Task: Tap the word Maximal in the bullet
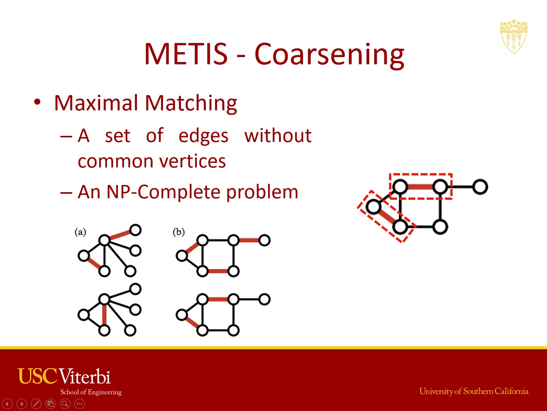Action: (96, 103)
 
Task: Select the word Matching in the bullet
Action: (191, 104)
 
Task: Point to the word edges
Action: (203, 137)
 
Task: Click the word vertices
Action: (193, 161)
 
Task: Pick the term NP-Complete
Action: (163, 192)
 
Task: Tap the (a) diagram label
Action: (80, 232)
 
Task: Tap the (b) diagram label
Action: (179, 232)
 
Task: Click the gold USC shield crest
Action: (514, 37)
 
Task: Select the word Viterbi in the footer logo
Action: (85, 376)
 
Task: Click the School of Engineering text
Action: (91, 392)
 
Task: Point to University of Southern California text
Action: (474, 391)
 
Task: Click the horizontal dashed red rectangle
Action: (421, 174)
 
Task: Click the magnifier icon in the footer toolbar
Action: (65, 403)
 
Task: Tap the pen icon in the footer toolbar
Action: (36, 403)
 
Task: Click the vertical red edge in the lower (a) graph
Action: (104, 315)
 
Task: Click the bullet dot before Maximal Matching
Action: (37, 102)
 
